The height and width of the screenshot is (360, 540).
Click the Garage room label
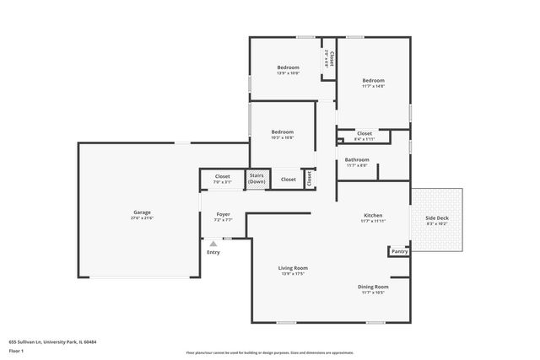click(x=142, y=212)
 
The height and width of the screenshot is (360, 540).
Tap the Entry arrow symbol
click(x=213, y=243)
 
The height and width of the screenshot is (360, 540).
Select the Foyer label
click(x=224, y=214)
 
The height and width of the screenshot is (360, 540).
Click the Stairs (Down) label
click(x=256, y=179)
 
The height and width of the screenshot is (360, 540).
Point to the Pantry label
click(x=399, y=251)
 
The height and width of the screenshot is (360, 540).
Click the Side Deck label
click(x=436, y=219)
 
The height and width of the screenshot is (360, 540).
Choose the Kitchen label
click(x=373, y=215)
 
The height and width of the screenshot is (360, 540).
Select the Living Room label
click(x=293, y=268)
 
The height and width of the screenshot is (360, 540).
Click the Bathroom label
click(x=357, y=159)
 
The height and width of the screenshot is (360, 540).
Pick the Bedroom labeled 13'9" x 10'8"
click(x=289, y=67)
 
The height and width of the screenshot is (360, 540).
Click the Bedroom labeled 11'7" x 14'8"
click(x=373, y=81)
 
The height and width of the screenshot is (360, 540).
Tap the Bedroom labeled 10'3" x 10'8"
click(x=282, y=132)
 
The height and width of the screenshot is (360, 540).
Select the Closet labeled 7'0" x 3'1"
click(x=222, y=176)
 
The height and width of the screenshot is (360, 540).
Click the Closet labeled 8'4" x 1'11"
click(x=364, y=133)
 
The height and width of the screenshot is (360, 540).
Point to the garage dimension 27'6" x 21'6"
click(x=142, y=218)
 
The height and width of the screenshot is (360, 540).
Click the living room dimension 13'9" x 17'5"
click(x=293, y=274)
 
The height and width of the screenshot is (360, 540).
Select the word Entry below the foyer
click(x=213, y=252)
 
